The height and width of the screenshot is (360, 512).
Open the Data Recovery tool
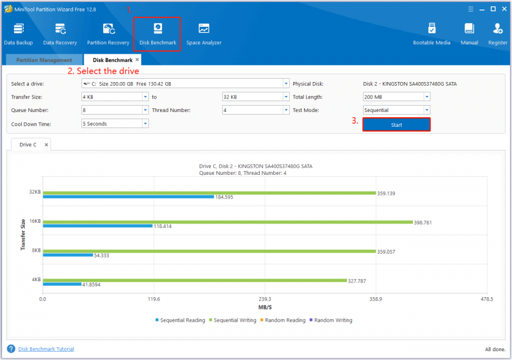click(60, 34)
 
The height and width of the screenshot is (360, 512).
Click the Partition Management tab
click(44, 60)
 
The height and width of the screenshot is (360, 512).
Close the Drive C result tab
click(46, 145)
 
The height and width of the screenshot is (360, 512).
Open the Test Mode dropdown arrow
click(427, 110)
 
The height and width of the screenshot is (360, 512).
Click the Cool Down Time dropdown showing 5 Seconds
click(115, 124)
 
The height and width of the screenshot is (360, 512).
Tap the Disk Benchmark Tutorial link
click(46, 349)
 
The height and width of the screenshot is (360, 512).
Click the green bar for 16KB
click(228, 222)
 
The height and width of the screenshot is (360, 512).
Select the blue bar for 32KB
click(129, 197)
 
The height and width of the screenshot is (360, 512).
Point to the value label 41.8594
click(92, 284)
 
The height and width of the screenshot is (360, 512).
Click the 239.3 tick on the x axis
click(265, 299)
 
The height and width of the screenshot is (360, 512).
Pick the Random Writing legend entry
click(331, 320)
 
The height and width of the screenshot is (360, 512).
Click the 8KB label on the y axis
click(36, 250)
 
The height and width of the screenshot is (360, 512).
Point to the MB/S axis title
click(265, 307)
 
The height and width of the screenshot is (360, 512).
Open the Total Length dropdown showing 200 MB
click(396, 97)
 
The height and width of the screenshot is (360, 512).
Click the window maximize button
click(493, 9)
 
